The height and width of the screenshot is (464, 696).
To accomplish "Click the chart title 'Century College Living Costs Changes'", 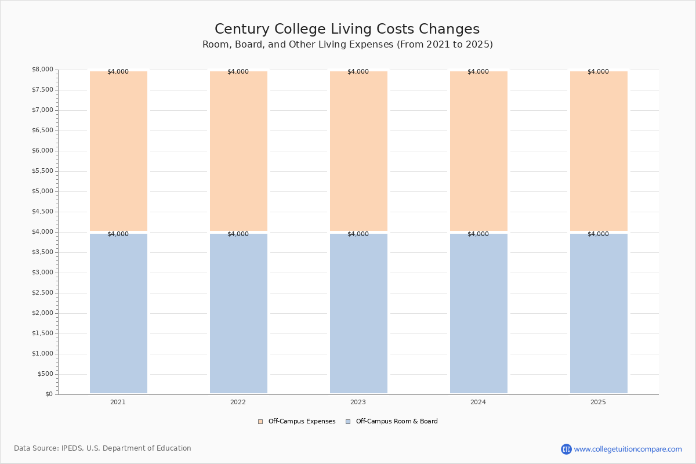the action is [x=347, y=29].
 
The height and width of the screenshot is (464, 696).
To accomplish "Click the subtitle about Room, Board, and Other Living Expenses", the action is [x=347, y=45].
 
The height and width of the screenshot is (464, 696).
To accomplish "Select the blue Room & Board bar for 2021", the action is [x=118, y=314].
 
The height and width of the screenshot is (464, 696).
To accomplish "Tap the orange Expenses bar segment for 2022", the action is [x=238, y=151].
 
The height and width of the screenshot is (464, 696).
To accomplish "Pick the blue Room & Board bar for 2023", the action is [x=358, y=314].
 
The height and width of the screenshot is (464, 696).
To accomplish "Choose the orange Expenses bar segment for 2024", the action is [x=478, y=151].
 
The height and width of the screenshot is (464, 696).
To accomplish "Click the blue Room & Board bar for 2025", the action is [x=599, y=314].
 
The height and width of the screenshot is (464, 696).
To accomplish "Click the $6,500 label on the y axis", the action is [x=42, y=130].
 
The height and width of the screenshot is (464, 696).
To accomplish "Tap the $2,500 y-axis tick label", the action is [x=42, y=293].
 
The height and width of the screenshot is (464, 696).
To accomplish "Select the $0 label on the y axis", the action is [x=49, y=394].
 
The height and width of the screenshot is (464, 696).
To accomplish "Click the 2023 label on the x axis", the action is [x=358, y=402].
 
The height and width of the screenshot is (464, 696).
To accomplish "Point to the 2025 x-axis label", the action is [x=598, y=402].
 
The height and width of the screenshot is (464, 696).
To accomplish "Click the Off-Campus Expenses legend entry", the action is [x=297, y=422].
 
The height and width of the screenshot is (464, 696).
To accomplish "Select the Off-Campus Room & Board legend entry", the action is [x=392, y=422].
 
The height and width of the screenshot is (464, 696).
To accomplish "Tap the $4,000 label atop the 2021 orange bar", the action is [x=118, y=71].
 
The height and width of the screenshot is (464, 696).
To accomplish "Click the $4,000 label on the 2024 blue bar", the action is [x=478, y=234].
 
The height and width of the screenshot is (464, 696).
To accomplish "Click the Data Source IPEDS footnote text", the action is [x=103, y=448].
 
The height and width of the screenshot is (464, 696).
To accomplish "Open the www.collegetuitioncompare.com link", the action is [x=628, y=449].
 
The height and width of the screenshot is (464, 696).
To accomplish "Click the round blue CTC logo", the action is [x=567, y=449].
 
